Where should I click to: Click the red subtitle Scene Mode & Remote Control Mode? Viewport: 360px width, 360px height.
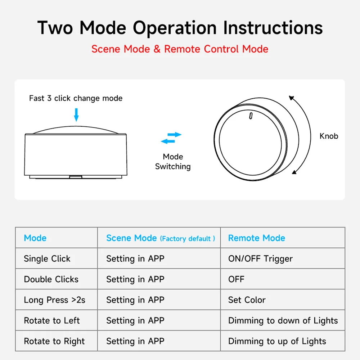180,49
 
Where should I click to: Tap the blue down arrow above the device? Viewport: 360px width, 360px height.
76,114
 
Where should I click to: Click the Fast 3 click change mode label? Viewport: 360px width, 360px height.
76,98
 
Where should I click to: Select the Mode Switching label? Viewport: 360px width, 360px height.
173,162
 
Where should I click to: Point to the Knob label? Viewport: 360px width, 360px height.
329,136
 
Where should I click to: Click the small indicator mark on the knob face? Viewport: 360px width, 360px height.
251,116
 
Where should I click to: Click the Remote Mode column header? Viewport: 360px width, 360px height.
256,238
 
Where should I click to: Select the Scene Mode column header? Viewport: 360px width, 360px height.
131,238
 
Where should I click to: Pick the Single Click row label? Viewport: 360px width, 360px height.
47,258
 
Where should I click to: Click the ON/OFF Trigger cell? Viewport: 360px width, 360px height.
260,258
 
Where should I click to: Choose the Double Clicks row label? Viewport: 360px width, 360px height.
51,279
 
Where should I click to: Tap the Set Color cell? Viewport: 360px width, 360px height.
247,300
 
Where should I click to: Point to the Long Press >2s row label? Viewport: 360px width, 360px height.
54,300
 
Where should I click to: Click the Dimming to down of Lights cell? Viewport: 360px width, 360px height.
283,320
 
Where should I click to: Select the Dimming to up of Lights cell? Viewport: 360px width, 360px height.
277,341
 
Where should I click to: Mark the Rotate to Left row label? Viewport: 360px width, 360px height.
51,320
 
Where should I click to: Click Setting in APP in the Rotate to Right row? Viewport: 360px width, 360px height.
135,341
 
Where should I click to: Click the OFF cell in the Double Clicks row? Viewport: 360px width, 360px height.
236,279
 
